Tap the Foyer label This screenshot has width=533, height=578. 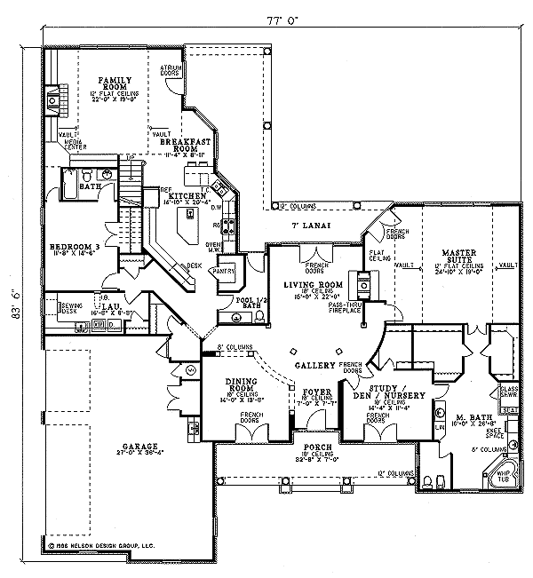coord(315,391)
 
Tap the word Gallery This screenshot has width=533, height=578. coord(314,366)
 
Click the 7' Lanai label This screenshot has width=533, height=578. coord(313,226)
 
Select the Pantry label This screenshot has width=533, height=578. coord(222,272)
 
